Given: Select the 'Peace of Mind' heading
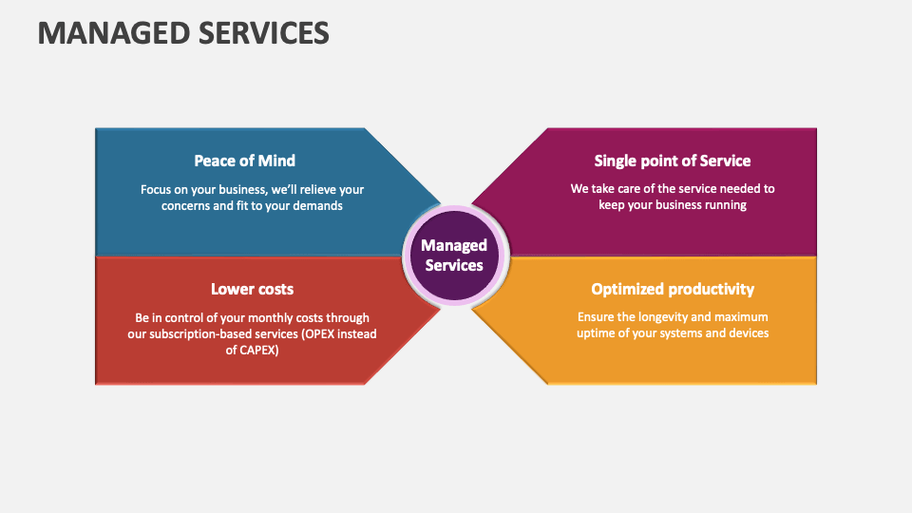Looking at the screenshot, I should pos(245,161).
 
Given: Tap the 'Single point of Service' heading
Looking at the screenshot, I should pos(673,161).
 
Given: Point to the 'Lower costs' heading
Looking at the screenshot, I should pos(252,289).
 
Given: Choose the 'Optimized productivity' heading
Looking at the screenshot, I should pos(673,289).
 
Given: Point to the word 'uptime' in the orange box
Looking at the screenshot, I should pos(596,333).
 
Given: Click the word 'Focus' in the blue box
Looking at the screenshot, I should pos(158,189).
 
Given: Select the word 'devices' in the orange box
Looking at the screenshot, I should pos(746,333).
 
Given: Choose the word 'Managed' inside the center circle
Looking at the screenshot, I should pos(454,246).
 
